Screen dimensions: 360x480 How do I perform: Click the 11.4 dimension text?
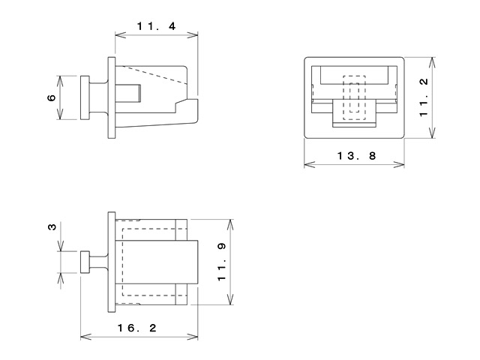tap(156, 25)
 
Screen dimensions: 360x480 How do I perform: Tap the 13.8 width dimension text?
tap(356, 156)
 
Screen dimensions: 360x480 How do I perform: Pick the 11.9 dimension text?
tap(222, 262)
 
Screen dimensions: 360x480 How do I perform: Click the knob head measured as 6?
tap(84, 97)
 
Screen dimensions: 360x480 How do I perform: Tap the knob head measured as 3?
tap(85, 262)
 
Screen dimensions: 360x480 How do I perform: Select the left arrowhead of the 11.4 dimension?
tap(118, 34)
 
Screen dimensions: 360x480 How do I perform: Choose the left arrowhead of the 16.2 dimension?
tap(83, 336)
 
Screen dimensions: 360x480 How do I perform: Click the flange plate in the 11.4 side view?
tap(112, 97)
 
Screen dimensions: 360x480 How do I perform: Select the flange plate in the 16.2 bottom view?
tap(112, 262)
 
